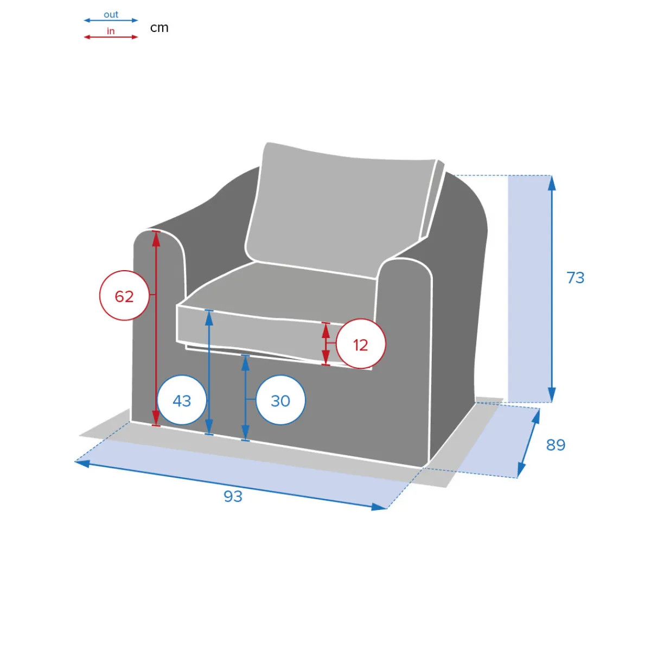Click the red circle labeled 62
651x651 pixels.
coord(124,295)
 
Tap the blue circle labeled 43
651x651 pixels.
coord(182,400)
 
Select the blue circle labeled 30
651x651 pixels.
coord(280,400)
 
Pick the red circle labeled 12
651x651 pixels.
coord(360,343)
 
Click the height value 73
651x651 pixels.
coord(576,278)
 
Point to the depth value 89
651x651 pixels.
coord(556,445)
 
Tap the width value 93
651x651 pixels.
coord(233,496)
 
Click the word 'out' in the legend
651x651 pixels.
coord(111,15)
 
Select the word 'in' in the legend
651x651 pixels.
coord(111,31)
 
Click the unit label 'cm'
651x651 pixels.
coord(159,28)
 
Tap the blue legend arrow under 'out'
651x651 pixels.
coord(111,20)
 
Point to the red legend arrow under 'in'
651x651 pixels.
coord(111,37)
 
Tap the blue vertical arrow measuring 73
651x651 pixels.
coord(552,289)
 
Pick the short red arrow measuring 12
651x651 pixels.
coord(325,344)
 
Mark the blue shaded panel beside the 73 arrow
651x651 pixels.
coord(529,289)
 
